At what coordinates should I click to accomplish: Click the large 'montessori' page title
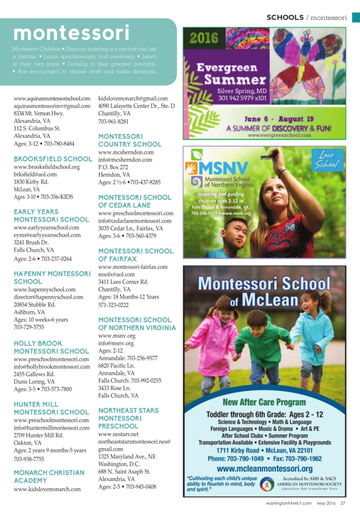tap(71, 33)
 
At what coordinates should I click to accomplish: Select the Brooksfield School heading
tap(53, 159)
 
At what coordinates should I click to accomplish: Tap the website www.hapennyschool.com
tap(45, 289)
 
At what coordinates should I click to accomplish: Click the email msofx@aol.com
tap(116, 274)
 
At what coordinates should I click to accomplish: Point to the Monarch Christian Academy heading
tap(49, 476)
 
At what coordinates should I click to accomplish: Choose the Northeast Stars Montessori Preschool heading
tap(128, 418)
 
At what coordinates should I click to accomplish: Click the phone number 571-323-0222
tap(114, 305)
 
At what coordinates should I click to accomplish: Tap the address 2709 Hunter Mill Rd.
tap(39, 435)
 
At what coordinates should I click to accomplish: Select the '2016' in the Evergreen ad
tap(203, 38)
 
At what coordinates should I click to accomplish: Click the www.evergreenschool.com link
tap(279, 135)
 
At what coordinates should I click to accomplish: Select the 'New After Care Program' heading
tap(264, 402)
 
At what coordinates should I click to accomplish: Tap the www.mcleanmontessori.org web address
tap(265, 468)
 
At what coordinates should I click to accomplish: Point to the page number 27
tap(343, 503)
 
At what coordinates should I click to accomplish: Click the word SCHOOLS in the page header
tap(285, 18)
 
